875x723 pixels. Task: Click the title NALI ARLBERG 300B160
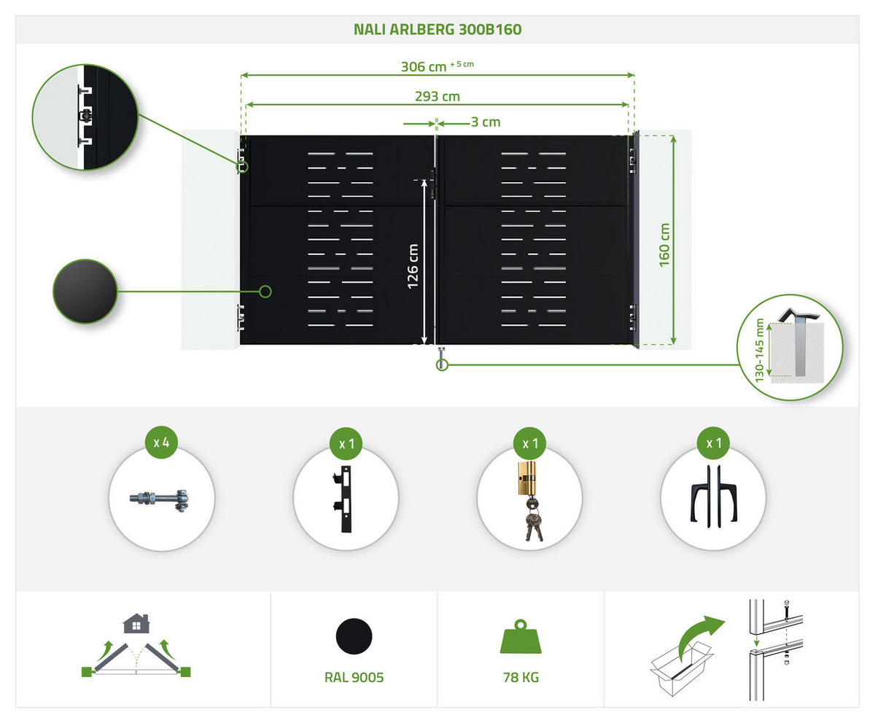[x=437, y=30]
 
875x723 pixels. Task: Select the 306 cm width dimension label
[x=424, y=66]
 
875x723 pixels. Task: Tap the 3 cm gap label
[x=486, y=122]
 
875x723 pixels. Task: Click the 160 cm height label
[x=664, y=245]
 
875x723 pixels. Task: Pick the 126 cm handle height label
[x=413, y=266]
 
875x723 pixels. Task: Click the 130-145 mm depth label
[x=760, y=350]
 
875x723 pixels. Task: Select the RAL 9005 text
[x=354, y=678]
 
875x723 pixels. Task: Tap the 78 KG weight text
[x=521, y=678]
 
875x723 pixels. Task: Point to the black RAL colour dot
[x=354, y=636]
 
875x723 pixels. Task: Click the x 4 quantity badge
[x=162, y=442]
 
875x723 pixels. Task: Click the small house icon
[x=136, y=623]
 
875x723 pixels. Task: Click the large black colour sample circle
[x=85, y=292]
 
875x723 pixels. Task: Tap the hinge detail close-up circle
[x=85, y=117]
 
